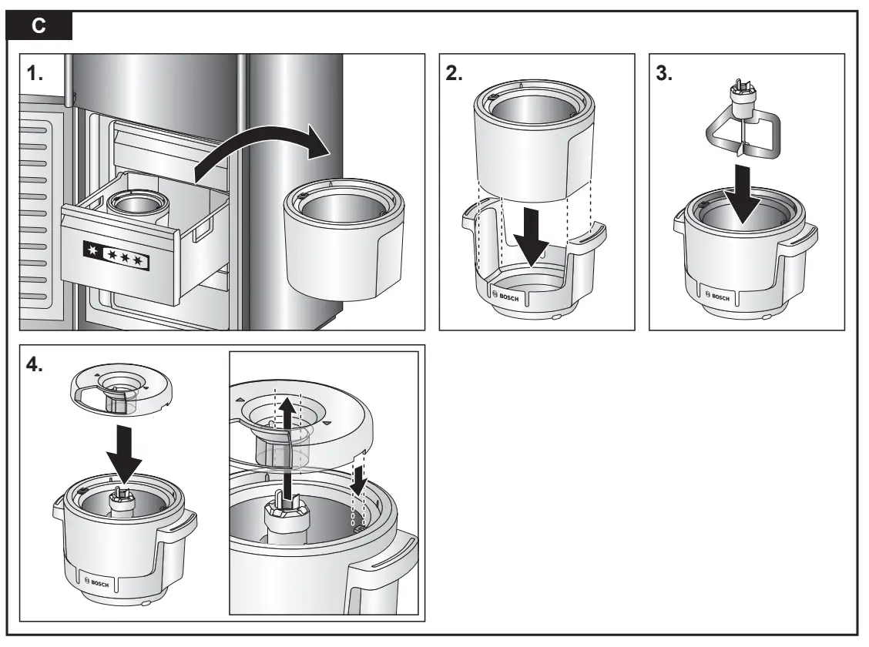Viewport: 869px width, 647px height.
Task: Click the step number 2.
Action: click(x=455, y=74)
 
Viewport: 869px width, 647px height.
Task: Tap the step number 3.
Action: click(x=665, y=74)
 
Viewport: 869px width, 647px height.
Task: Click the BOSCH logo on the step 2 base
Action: click(x=513, y=298)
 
